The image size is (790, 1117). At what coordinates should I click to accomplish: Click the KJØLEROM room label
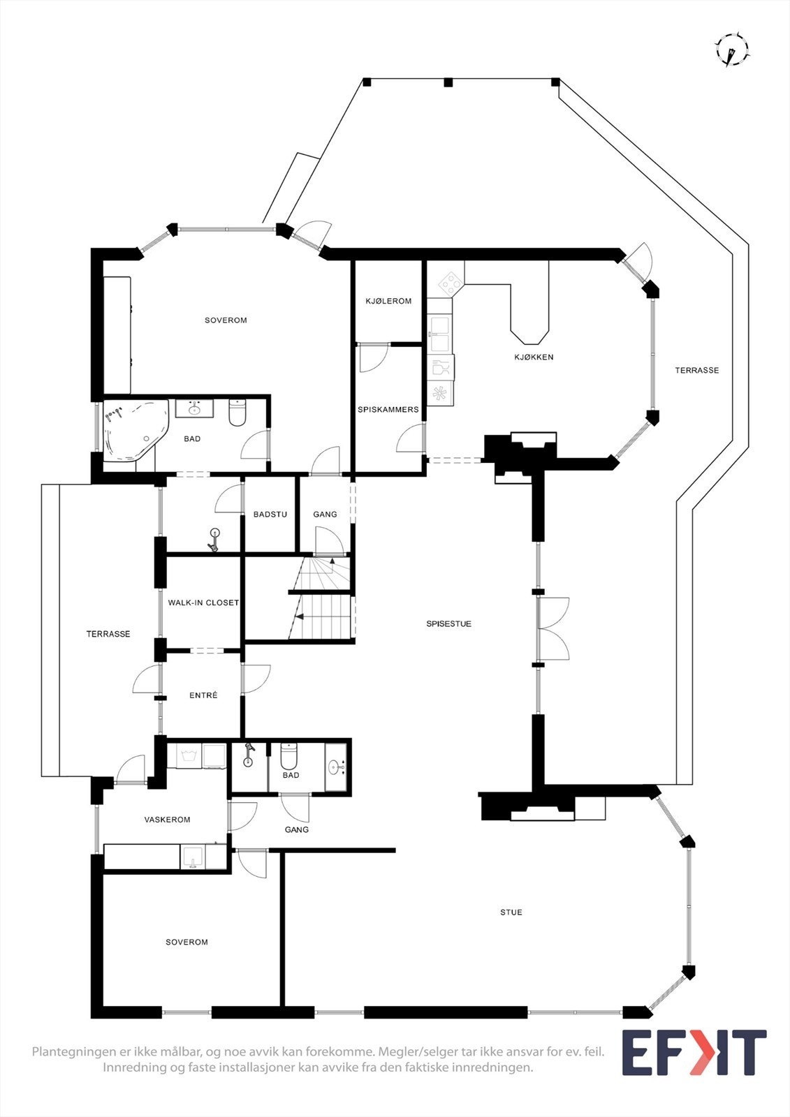(x=388, y=302)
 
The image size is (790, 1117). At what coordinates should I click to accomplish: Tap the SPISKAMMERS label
(x=388, y=410)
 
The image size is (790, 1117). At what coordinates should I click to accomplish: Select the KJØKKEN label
(x=534, y=357)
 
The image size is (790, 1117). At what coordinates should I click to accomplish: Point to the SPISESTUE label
(x=449, y=624)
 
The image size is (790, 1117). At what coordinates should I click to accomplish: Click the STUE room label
(x=511, y=912)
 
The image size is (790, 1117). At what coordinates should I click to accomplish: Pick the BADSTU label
(x=270, y=515)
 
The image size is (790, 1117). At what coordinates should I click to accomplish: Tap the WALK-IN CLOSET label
(x=203, y=602)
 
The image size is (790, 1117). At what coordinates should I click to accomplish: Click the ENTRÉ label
(x=203, y=695)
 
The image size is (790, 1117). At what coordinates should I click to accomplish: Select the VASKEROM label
(x=167, y=820)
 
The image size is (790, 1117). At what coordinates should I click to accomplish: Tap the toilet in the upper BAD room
(x=237, y=412)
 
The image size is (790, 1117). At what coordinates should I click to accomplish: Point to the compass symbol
(x=731, y=50)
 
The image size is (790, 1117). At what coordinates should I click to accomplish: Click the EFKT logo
(x=694, y=1053)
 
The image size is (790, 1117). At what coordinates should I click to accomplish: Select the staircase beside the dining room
(x=322, y=599)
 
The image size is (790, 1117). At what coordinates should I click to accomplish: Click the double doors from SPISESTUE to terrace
(x=553, y=629)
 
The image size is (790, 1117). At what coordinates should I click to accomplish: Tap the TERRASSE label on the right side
(x=696, y=371)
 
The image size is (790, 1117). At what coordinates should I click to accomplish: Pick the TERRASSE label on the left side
(x=108, y=634)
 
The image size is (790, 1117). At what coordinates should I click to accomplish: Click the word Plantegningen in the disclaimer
(x=75, y=1051)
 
